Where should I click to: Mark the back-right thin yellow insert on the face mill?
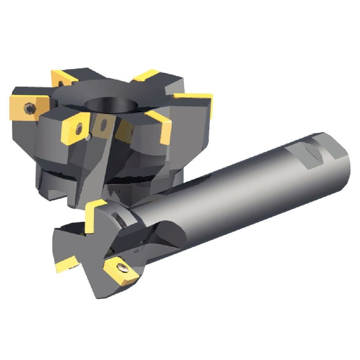tap(145, 76)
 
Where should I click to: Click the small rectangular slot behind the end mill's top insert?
tap(119, 217)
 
